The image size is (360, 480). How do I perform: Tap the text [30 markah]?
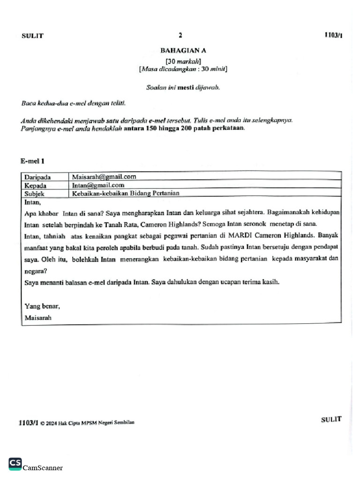(x=183, y=61)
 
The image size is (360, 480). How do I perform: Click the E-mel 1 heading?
(x=32, y=161)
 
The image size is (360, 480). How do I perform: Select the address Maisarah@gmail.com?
(x=104, y=177)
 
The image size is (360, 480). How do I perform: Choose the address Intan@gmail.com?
(x=97, y=185)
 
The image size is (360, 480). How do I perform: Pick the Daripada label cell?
(x=37, y=177)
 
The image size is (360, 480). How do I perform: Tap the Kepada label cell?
(x=35, y=186)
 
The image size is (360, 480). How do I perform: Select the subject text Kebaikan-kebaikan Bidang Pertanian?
(x=125, y=193)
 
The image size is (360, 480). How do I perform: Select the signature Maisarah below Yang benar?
(x=38, y=317)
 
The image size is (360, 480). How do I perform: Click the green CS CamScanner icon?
(x=15, y=464)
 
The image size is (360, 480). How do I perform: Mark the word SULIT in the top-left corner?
(x=32, y=36)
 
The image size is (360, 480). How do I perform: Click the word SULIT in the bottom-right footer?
(x=331, y=420)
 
